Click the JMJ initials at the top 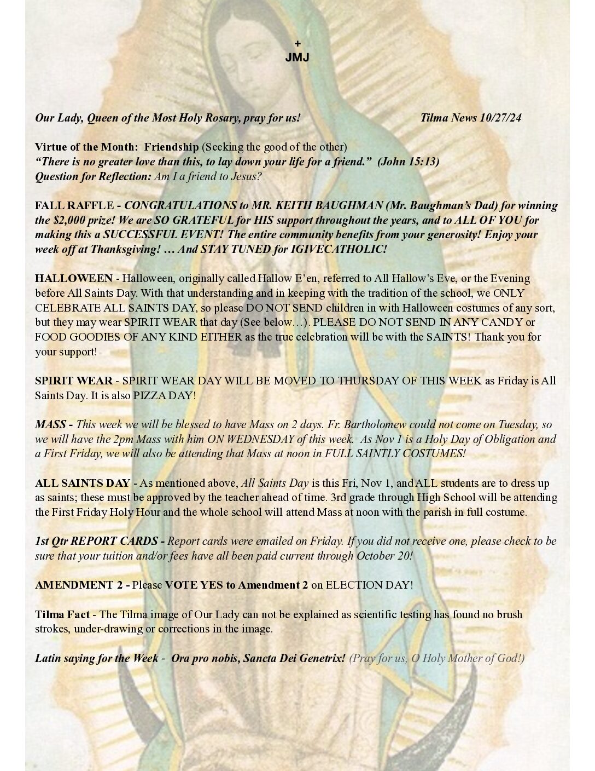(x=297, y=57)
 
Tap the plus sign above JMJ (x=297, y=43)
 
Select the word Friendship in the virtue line (x=171, y=147)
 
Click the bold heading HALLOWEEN (x=74, y=278)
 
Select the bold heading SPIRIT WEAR (x=74, y=381)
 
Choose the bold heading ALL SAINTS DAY (x=83, y=483)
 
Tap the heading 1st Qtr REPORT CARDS (x=97, y=541)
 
